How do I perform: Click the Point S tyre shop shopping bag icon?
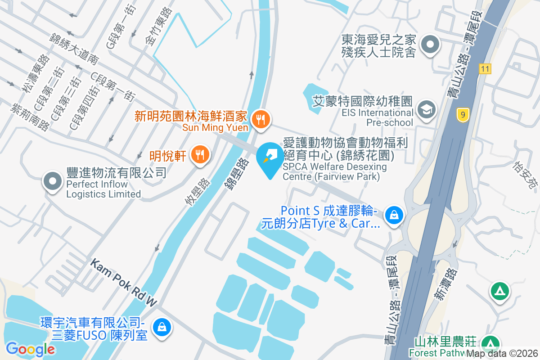point(394,216)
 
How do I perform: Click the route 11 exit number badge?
point(485,69)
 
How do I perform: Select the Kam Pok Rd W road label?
point(124,283)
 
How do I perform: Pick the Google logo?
point(30,348)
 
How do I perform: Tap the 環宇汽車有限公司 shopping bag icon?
point(161,327)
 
